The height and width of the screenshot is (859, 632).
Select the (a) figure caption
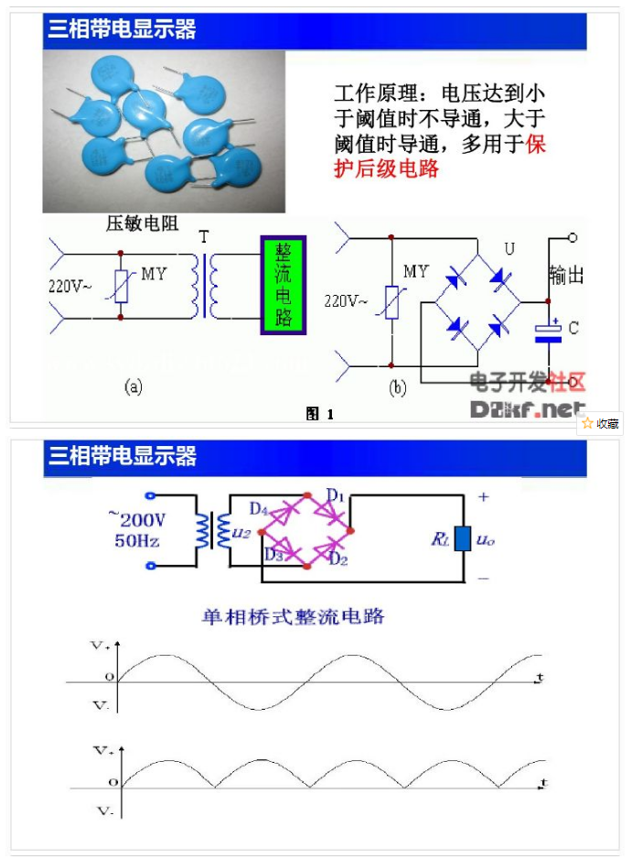[133, 387]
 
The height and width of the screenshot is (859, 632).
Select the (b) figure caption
[397, 388]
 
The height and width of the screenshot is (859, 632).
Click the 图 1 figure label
[319, 414]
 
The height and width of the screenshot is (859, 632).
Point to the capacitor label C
[573, 327]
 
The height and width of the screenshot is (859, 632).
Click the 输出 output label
[566, 275]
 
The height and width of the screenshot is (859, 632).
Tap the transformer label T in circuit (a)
[204, 237]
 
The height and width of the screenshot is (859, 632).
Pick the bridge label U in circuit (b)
[509, 249]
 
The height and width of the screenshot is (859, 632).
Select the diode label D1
[335, 496]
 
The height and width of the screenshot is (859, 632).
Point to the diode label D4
[258, 508]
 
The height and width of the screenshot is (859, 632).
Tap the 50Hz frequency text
[137, 540]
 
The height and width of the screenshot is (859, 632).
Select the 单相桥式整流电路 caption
[293, 615]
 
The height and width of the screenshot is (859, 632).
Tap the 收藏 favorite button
[601, 423]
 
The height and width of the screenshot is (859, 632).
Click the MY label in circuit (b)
[415, 271]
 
